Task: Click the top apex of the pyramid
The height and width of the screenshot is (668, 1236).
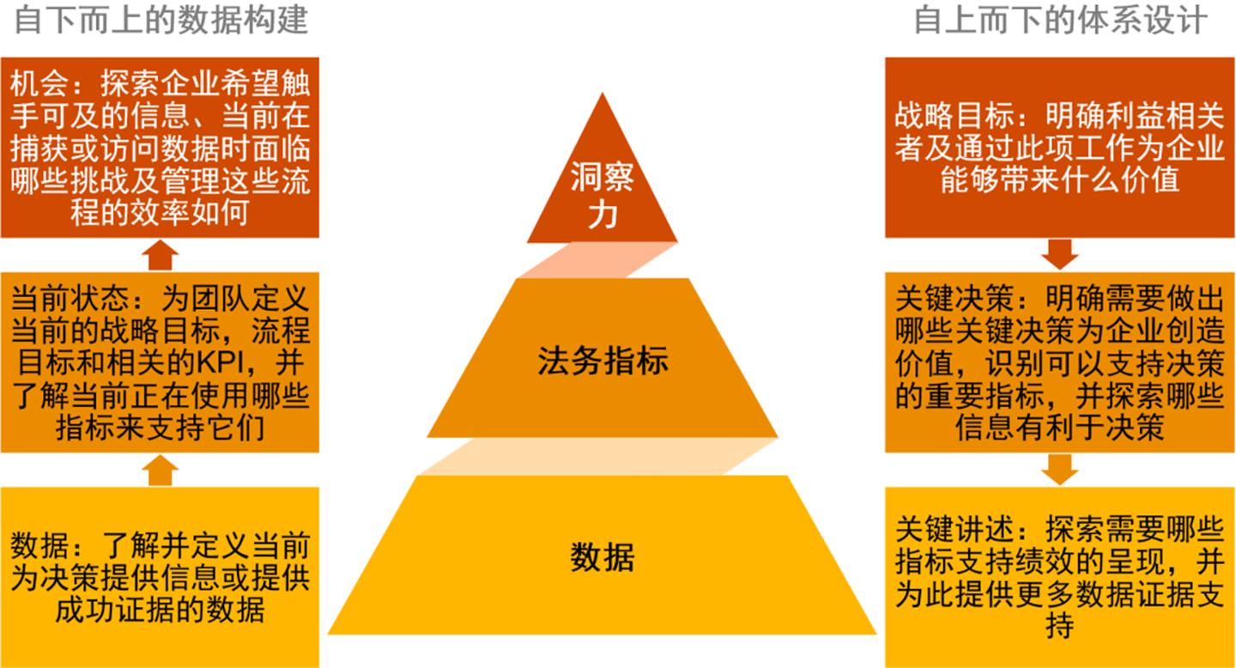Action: click(x=602, y=93)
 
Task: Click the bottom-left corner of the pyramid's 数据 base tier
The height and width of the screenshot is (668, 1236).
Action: click(x=328, y=634)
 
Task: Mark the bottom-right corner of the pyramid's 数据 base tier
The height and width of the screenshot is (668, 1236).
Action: click(x=876, y=634)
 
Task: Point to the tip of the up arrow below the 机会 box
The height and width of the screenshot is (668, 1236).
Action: click(x=160, y=240)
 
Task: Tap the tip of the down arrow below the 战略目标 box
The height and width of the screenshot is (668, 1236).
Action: click(x=1059, y=270)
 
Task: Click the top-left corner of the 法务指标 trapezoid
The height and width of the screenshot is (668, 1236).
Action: click(x=517, y=279)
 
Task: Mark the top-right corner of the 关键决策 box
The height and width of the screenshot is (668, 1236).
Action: click(x=1234, y=273)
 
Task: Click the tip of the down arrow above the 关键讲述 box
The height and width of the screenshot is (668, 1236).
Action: click(x=1059, y=485)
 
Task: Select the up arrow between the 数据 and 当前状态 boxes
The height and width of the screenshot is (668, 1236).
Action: click(x=160, y=471)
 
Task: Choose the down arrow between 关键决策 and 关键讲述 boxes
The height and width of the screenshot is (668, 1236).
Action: click(x=1059, y=470)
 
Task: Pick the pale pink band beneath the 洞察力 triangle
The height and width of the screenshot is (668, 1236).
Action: click(x=598, y=260)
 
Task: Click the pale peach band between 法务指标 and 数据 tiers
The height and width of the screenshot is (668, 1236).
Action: click(x=598, y=457)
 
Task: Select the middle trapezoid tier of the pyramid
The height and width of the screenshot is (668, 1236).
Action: click(x=603, y=358)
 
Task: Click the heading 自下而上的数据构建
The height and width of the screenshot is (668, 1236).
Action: click(x=161, y=20)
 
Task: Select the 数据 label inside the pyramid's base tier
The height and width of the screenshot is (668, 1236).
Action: click(x=602, y=556)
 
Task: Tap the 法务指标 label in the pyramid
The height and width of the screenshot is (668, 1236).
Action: click(x=603, y=361)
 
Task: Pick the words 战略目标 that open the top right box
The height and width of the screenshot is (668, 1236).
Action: click(x=954, y=115)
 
